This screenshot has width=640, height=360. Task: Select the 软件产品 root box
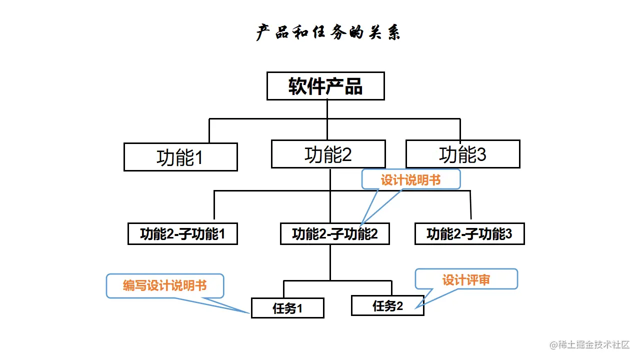point(325,86)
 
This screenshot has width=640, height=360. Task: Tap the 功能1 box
point(180,157)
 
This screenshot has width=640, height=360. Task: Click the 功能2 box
point(328,154)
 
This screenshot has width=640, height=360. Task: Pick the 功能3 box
point(462,154)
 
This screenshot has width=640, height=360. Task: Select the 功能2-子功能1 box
point(182,234)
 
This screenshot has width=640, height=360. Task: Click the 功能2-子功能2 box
point(334,234)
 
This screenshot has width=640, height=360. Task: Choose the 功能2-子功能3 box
point(469,234)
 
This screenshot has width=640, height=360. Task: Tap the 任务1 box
point(287,308)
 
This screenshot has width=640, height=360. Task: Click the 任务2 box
point(387,305)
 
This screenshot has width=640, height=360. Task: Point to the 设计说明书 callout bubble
point(410,180)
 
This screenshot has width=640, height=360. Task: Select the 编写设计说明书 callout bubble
point(165,285)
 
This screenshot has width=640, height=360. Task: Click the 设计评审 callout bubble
point(466,279)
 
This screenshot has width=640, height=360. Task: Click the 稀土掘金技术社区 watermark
point(590,344)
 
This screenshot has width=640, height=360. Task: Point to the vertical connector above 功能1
point(209,131)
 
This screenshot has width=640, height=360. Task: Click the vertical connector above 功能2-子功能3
point(470,205)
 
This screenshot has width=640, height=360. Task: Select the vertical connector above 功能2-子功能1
point(214,205)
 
